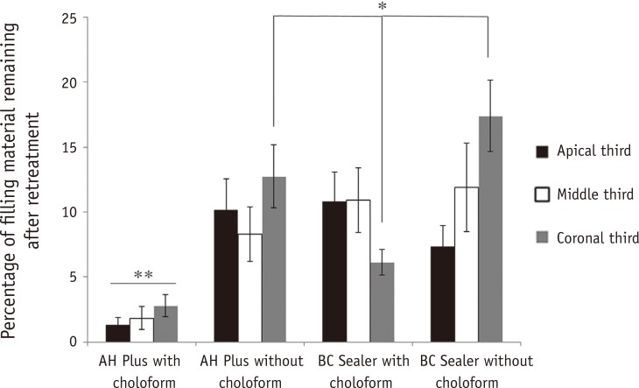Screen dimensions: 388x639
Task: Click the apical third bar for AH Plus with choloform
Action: tap(118, 333)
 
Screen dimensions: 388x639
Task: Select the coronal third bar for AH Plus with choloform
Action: tap(165, 324)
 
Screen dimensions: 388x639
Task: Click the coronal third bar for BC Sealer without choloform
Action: tap(489, 229)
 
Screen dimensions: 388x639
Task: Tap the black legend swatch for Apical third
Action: tap(542, 151)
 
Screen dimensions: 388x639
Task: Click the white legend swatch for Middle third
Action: tap(542, 194)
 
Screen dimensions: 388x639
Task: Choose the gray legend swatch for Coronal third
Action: tap(542, 236)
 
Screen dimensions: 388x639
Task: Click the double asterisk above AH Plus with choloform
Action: tap(142, 274)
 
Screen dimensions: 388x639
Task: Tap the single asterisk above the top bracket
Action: tap(382, 8)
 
